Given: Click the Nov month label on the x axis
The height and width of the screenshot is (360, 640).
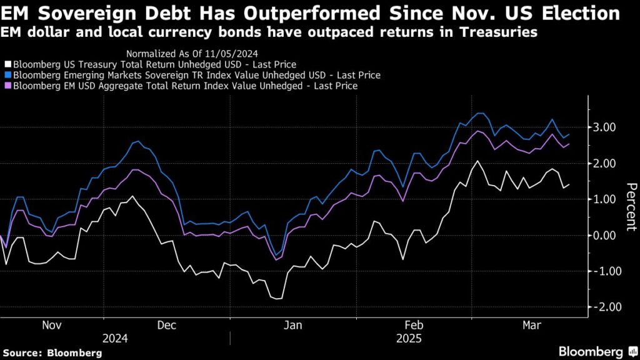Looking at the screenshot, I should [x=52, y=326].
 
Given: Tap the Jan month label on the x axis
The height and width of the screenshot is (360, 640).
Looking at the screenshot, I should [x=293, y=326].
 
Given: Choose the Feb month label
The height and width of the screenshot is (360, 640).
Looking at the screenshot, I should [x=413, y=326].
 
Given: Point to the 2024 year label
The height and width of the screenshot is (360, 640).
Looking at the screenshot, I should [x=115, y=338].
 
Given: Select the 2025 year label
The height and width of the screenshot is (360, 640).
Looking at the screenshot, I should [x=409, y=338].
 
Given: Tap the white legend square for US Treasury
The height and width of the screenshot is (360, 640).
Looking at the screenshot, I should [x=7, y=64].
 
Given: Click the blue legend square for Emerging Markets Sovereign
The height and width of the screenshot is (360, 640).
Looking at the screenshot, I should [x=7, y=75].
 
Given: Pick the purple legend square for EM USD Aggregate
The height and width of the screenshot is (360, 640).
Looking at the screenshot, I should [x=7, y=86].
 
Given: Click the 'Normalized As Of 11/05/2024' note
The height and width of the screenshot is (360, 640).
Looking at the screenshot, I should [x=192, y=53].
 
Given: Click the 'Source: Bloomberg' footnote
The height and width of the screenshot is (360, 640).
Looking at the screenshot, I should [x=51, y=352].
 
